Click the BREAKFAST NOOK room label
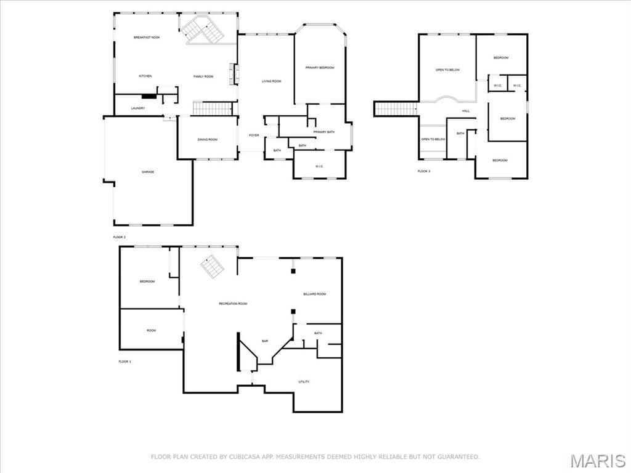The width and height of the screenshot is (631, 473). [147, 38]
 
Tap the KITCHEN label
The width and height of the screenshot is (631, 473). [145, 76]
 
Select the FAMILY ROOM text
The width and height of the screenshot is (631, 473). [203, 76]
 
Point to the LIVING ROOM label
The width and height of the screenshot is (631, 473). [271, 81]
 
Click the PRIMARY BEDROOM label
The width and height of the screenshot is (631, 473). [320, 68]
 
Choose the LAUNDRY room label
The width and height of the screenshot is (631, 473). [138, 108]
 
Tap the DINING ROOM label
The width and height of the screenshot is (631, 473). [207, 140]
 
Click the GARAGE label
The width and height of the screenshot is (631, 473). [148, 172]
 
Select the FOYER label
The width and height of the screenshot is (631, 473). [254, 135]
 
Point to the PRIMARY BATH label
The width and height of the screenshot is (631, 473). [324, 132]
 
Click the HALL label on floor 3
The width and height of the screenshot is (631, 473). [466, 111]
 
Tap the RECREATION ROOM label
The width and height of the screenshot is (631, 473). [233, 304]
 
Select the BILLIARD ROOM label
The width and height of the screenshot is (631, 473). [314, 294]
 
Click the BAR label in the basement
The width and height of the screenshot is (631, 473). [265, 341]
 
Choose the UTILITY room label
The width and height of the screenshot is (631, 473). [304, 382]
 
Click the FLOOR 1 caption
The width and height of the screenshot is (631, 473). [124, 362]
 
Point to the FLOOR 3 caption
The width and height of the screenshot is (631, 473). [424, 171]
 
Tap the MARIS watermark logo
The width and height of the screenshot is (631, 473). [597, 460]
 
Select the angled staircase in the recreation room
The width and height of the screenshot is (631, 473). [213, 266]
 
